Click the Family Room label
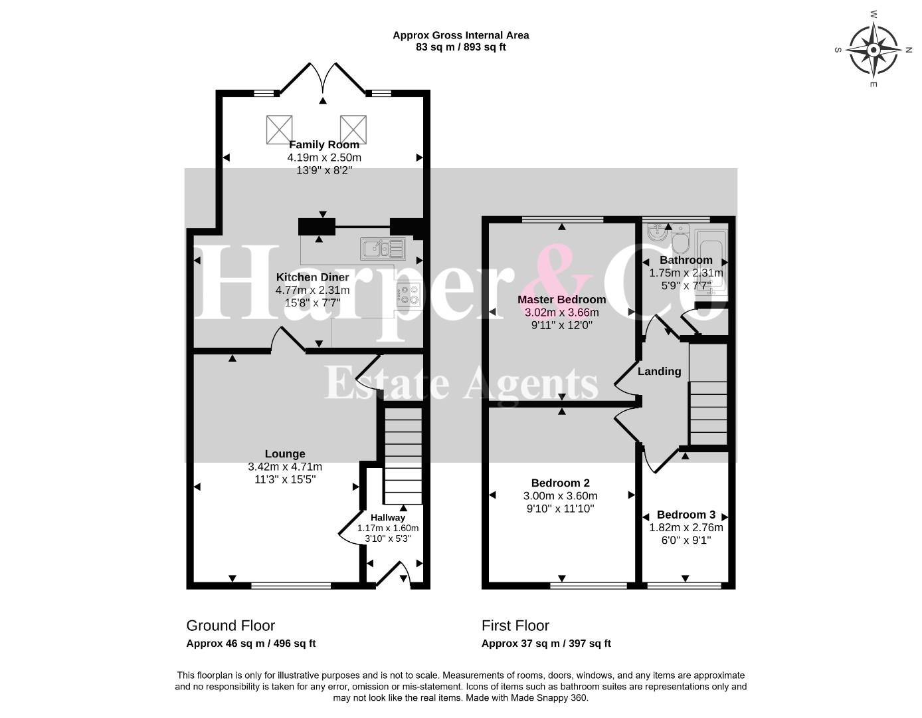coord(324,145)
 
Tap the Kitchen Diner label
coord(312,277)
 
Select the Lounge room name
coord(285,454)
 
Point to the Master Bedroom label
coord(561,299)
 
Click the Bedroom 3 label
coord(686,515)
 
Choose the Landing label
coord(660,372)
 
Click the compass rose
coord(874,50)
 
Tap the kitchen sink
coord(383,249)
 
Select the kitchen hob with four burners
coord(409,295)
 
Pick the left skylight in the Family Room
coord(279,130)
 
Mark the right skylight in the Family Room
coord(353,130)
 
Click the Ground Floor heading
coord(230,626)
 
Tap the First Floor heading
coord(515,626)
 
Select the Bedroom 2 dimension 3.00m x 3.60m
coord(560,496)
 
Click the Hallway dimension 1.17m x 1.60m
coord(388,529)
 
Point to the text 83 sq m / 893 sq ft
coord(461,47)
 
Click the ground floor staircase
coord(403,455)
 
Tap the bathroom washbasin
coord(657,232)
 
